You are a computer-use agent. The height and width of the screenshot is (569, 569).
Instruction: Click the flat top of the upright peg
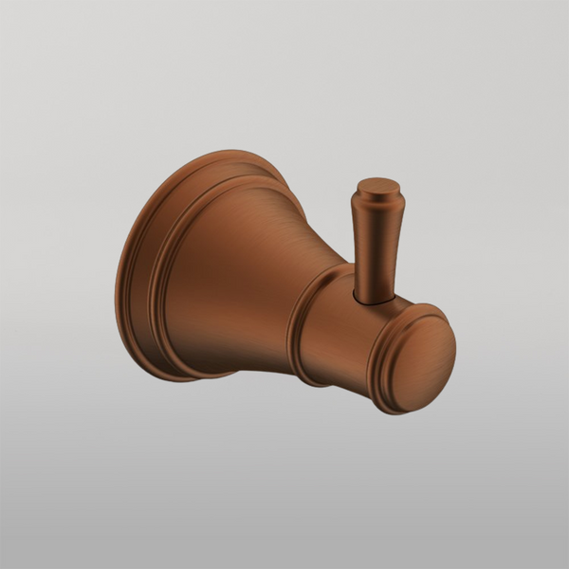point(377,183)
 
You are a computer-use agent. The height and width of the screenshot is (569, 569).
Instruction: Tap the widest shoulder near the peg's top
point(377,202)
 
